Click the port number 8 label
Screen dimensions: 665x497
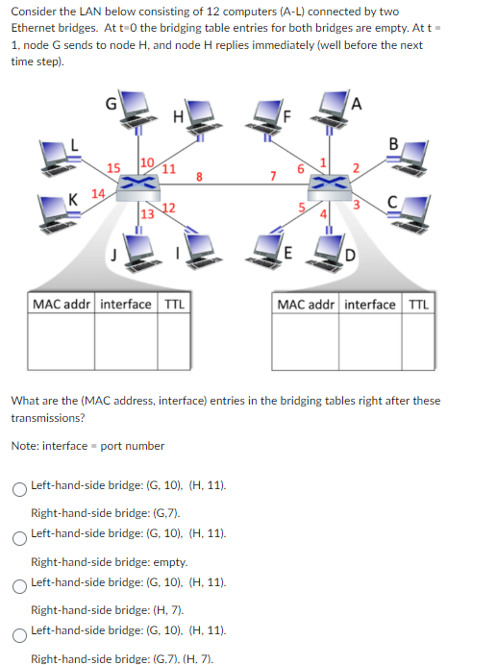pos(198,176)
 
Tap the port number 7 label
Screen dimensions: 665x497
pos(273,176)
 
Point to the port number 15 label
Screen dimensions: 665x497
pos(112,168)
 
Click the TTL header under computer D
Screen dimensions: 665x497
pos(419,305)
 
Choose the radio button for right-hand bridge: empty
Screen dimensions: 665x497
pos(18,538)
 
